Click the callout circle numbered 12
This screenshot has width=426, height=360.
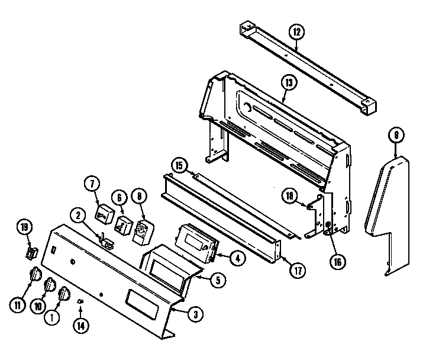pos(296,30)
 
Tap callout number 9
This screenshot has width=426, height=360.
pos(396,136)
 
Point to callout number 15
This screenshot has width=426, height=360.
pos(179,165)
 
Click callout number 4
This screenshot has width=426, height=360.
pos(236,258)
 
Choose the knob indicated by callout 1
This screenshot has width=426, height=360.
pos(64,294)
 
